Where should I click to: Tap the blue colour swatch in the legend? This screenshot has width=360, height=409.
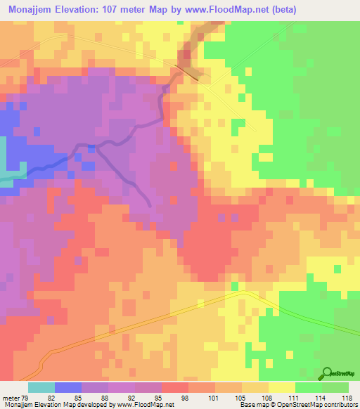pos(68,387)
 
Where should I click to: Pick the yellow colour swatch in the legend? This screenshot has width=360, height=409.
pos(282,387)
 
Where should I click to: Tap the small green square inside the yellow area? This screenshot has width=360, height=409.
pos(239,124)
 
